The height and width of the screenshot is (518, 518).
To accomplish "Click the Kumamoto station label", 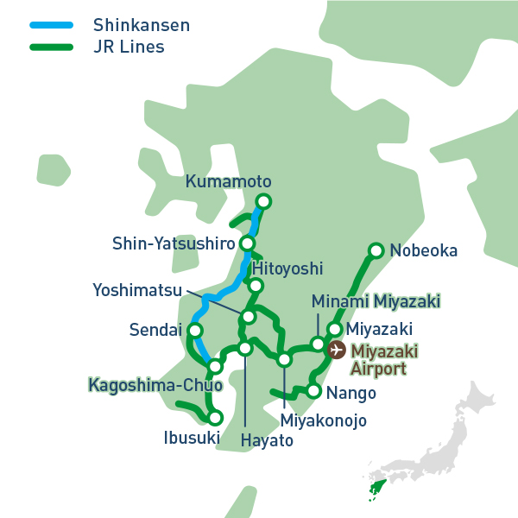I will pos(228,182).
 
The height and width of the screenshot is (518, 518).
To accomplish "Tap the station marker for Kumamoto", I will pos(263,202).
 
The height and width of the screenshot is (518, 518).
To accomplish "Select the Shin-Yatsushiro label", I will pos(174,244).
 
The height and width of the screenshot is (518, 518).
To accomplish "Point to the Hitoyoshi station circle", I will pos(256,286).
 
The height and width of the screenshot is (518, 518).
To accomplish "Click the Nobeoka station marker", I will pos(376,251).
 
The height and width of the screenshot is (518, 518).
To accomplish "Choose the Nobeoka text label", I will pos(423,251).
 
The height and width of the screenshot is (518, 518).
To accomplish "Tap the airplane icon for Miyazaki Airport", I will pos(338,351).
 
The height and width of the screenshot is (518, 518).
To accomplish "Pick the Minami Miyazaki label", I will pos(376,301).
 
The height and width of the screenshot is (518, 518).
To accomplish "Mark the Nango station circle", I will pos(313,391).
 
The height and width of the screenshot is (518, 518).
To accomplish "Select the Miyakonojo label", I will pos(324,421).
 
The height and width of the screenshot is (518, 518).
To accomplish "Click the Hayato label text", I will pos(266,440).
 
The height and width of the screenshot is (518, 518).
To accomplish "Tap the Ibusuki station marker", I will pos(216,418).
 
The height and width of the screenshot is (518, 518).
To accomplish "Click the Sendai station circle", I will pos(195,331).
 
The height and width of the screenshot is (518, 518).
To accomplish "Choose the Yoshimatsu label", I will pos(137,290).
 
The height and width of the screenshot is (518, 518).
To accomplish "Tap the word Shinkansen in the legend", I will pos(141,24).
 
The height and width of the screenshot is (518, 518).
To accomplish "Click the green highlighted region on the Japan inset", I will pos(376,490).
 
